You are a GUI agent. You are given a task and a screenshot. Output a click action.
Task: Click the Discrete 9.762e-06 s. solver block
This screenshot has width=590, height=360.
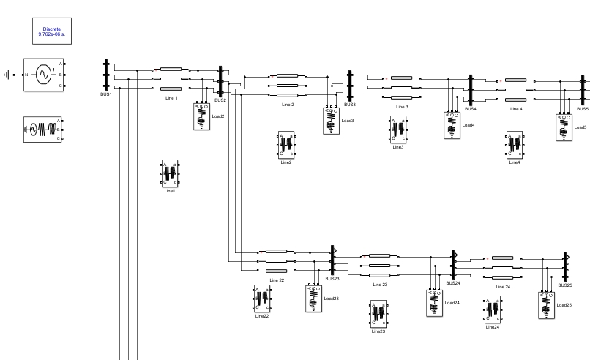click(x=52, y=31)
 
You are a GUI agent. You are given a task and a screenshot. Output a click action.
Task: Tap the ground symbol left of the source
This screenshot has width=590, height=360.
click(x=8, y=75)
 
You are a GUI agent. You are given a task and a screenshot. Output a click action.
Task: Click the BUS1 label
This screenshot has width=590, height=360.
click(x=106, y=94)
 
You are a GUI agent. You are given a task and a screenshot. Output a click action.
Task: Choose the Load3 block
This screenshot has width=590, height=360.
click(x=332, y=121)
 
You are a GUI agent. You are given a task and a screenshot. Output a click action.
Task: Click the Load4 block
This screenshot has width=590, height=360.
click(x=451, y=124)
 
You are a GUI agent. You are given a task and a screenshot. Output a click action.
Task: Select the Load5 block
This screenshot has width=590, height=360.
click(x=564, y=127)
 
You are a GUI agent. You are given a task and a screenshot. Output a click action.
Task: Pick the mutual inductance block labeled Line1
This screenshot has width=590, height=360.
click(x=170, y=173)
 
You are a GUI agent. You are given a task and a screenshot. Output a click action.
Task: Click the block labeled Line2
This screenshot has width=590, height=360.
click(x=286, y=145)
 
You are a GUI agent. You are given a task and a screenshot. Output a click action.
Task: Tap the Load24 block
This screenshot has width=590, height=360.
click(x=435, y=303)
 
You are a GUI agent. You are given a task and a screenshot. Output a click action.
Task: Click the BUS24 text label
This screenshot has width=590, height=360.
click(x=454, y=283)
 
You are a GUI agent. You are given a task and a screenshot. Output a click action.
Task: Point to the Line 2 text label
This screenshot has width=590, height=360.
click(x=288, y=105)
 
